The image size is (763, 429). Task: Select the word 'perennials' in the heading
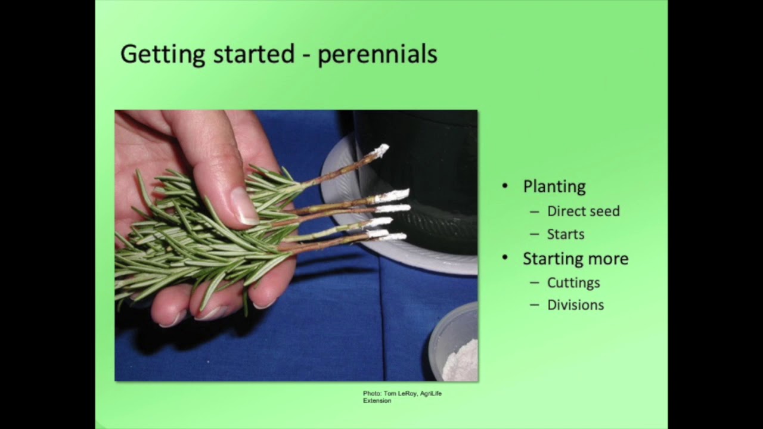(377, 54)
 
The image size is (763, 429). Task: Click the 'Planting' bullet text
(554, 186)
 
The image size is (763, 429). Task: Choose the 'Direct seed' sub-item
(583, 211)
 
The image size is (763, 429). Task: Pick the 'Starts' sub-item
(565, 234)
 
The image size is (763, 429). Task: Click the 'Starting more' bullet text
(575, 259)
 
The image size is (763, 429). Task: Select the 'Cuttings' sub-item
(573, 282)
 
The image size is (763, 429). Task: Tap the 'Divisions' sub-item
(575, 305)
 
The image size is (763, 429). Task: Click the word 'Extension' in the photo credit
(377, 400)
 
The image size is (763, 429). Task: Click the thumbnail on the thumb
(244, 206)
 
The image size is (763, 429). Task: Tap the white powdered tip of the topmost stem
(379, 151)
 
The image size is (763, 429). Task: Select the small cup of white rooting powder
(456, 352)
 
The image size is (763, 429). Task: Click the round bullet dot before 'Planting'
(505, 186)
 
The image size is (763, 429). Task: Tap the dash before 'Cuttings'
(534, 283)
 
